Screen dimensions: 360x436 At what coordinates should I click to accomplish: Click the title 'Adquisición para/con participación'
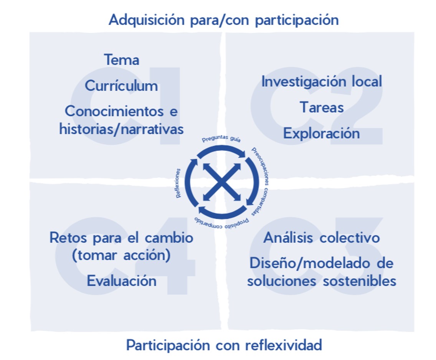223,20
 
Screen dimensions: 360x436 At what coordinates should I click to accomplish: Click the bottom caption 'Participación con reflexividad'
224,345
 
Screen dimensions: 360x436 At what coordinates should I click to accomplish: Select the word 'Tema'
121,60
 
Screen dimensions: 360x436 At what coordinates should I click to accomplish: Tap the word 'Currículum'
121,86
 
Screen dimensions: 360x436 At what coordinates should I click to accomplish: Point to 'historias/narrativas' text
121,129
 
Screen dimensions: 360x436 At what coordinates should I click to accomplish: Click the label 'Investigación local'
322,81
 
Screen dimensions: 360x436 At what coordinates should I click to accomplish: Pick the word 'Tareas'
322,107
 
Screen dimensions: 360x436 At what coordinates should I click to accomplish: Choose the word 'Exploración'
322,134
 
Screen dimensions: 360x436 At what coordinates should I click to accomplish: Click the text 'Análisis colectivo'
322,238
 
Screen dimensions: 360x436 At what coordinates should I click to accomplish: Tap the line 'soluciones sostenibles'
322,281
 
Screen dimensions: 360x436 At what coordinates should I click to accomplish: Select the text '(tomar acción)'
121,255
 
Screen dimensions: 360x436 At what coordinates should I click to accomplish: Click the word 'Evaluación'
121,281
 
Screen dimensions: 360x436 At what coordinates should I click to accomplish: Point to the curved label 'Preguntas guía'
221,139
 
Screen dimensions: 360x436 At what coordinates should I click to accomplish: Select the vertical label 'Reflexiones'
178,183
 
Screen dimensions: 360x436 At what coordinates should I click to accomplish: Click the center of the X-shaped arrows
222,181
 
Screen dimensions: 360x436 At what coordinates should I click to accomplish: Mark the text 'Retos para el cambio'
121,238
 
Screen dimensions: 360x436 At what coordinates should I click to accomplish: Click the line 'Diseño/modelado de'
322,263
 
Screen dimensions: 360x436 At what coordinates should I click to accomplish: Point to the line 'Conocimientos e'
121,111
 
